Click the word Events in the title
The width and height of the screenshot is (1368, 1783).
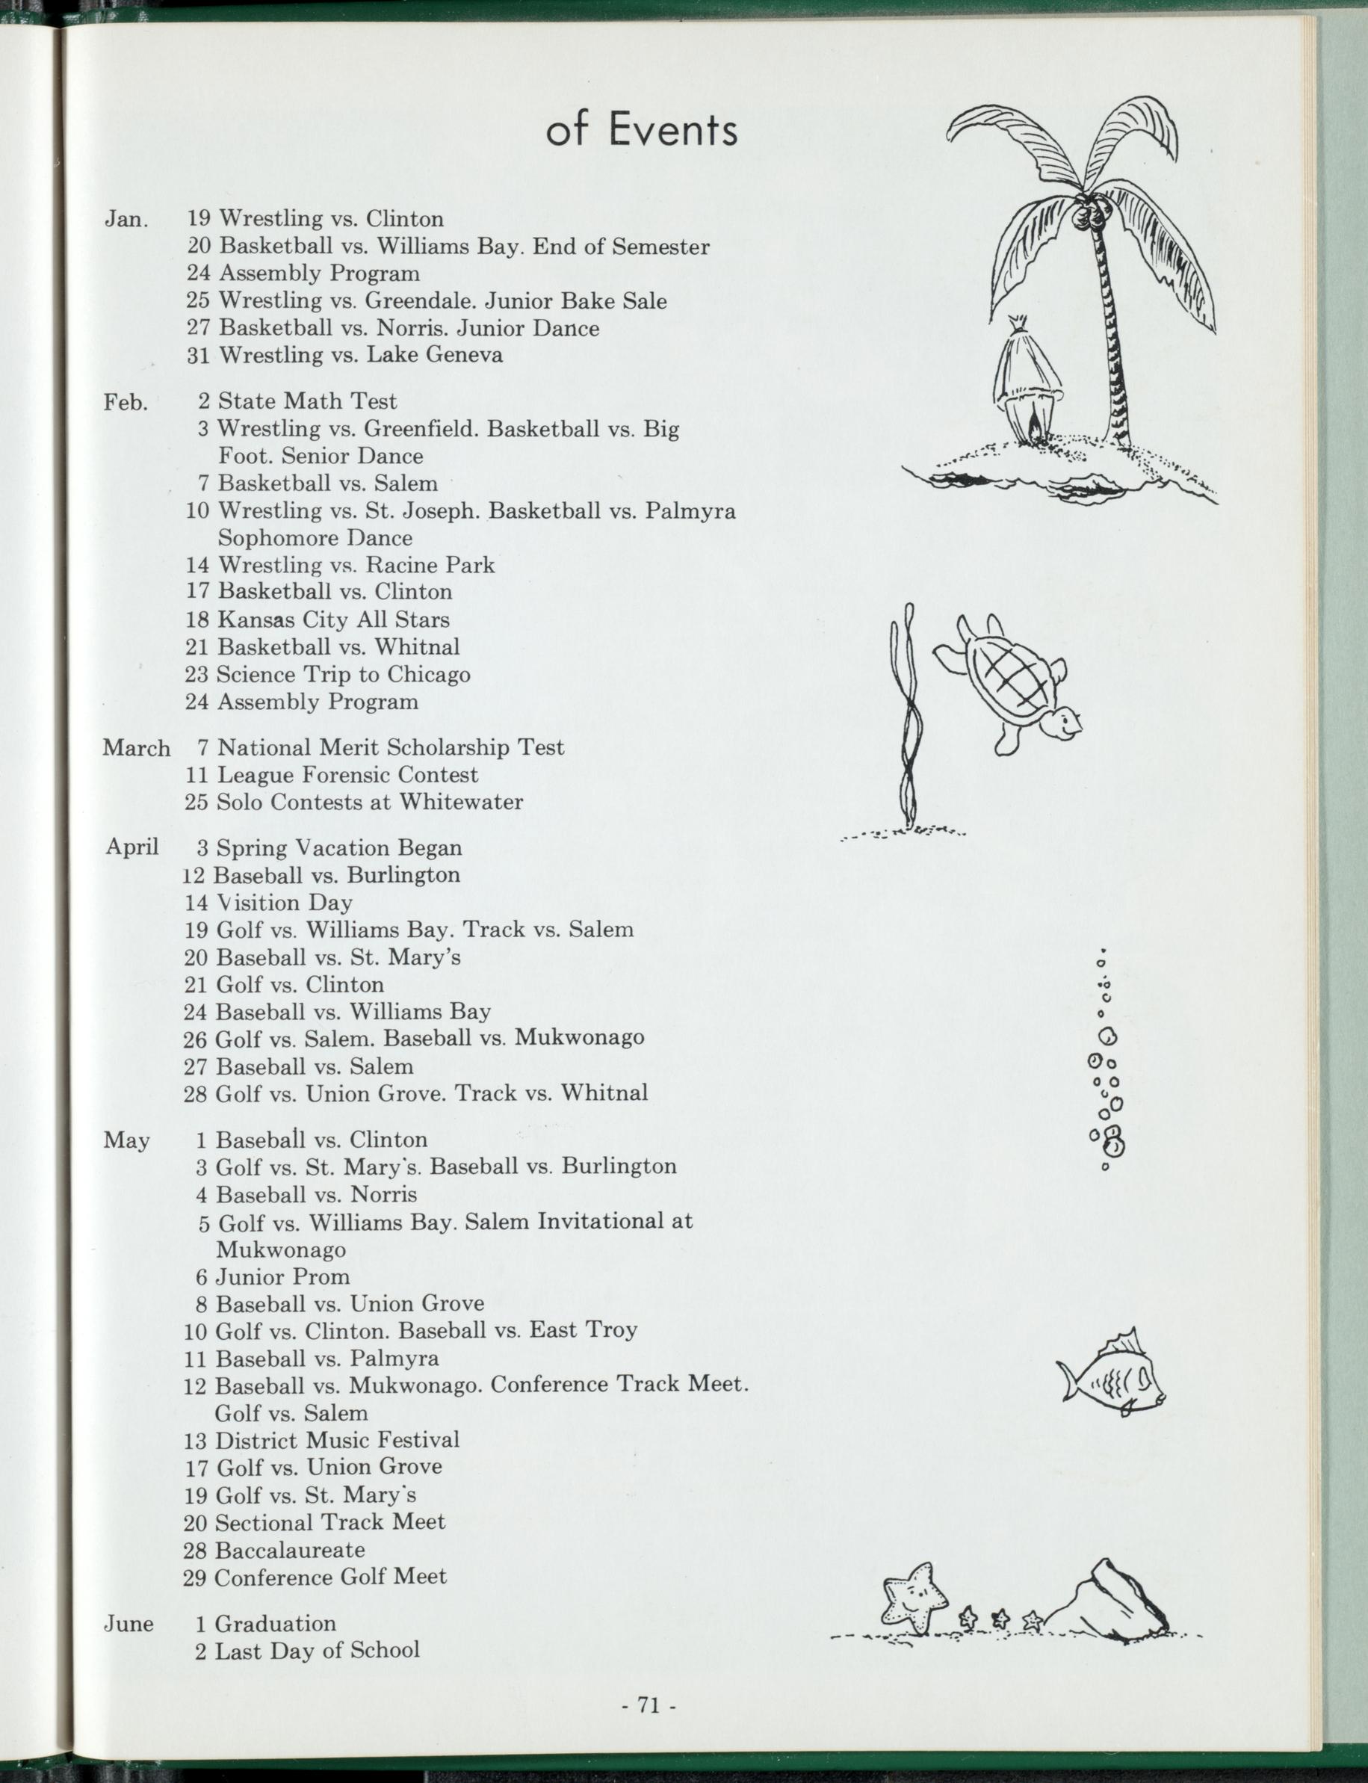(673, 130)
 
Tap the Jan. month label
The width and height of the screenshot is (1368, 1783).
(126, 220)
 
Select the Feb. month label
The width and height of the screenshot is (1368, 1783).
(126, 402)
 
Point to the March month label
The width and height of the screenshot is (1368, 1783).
(136, 749)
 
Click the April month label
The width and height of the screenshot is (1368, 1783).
(132, 847)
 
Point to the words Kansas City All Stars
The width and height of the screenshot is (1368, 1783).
(333, 619)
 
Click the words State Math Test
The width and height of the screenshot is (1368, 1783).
(307, 401)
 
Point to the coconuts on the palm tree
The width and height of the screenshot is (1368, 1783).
(1086, 216)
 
